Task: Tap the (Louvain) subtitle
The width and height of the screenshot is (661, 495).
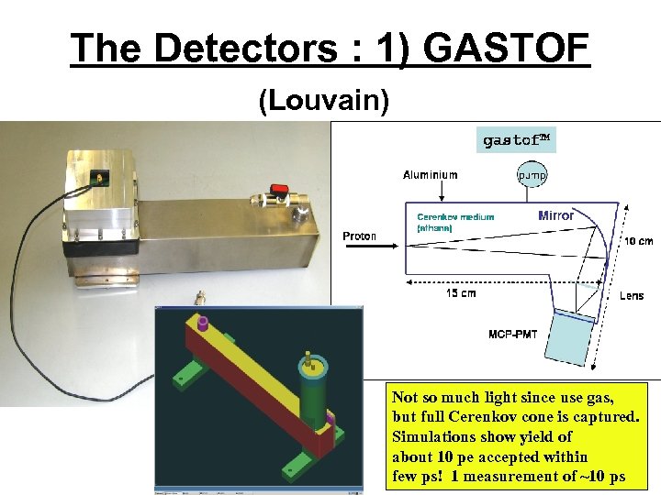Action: pos(324,100)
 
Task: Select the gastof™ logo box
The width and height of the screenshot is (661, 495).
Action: pos(517,140)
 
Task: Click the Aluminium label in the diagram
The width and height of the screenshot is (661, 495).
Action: pos(431,174)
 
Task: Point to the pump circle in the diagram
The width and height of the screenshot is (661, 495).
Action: pos(532,173)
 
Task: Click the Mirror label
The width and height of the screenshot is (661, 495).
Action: pos(556,215)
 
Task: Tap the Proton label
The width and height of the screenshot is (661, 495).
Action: pos(360,236)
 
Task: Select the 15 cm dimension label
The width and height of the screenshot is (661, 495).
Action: pos(461,293)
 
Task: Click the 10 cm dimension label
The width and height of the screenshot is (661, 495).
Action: pos(640,242)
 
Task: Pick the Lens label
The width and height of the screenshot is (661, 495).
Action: pos(632,296)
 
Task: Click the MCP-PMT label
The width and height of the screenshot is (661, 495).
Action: pos(512,334)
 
